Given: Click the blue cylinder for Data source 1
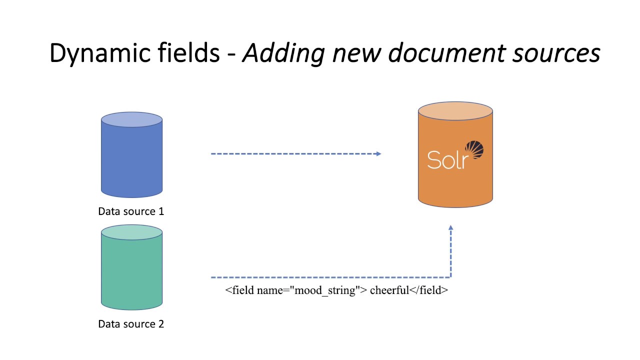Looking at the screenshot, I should point(132,160).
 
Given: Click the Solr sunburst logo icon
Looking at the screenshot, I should point(474,150).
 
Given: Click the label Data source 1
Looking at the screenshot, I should point(131,211).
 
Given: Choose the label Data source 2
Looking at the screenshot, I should point(131,323).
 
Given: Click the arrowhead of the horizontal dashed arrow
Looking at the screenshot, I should point(378,153).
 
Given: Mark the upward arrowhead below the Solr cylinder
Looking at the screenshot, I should point(450,228).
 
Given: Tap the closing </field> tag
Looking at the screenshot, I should point(428,290).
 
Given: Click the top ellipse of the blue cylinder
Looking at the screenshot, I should point(132,120).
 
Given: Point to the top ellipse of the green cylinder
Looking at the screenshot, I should point(132,232).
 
